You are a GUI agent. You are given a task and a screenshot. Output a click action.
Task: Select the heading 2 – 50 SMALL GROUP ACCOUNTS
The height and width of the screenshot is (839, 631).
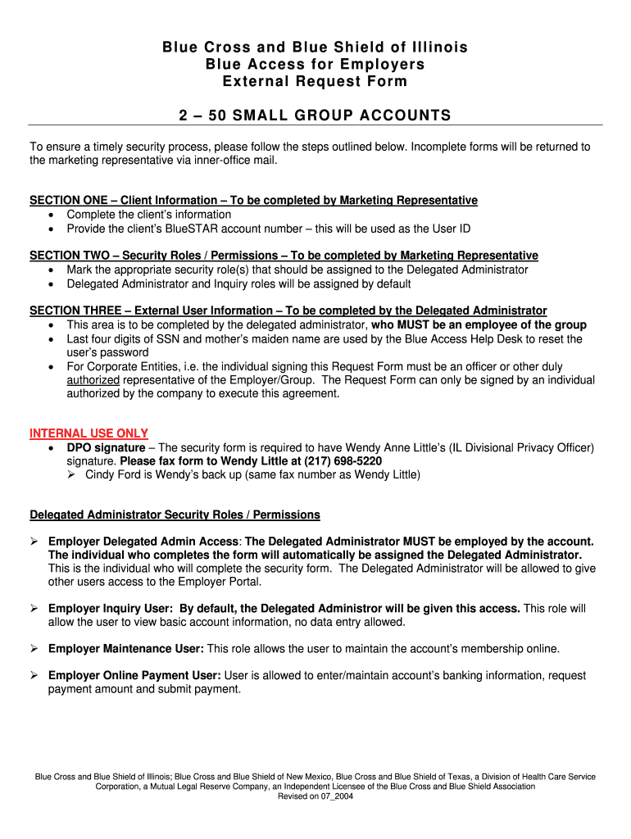(315, 116)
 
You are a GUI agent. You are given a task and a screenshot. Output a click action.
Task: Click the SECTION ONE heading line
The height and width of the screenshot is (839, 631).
(253, 201)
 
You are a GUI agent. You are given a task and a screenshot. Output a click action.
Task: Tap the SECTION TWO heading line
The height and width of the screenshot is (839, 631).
(284, 256)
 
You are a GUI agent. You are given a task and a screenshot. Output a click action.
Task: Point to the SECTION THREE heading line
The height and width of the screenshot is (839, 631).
(288, 311)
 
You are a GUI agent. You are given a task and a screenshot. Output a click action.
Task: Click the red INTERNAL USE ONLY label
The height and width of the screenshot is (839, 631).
(89, 433)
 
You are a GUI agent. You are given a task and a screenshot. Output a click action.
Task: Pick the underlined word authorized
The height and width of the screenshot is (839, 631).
(93, 380)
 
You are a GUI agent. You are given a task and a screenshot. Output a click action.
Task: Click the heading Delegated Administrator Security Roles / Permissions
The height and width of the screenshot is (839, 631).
(175, 515)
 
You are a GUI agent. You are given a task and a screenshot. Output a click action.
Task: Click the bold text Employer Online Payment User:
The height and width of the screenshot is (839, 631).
(134, 676)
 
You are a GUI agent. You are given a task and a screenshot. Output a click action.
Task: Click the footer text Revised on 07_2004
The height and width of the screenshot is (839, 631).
(315, 796)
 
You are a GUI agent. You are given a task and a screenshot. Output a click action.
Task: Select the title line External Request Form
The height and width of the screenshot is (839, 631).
(315, 82)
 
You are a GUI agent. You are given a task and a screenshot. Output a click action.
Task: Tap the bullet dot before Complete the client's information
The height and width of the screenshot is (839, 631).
(52, 215)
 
